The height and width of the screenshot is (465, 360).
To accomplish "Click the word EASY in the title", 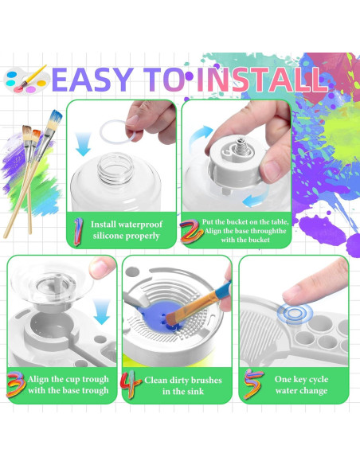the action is click(92, 80).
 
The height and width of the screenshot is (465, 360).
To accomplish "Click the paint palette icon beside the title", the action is click(25, 79).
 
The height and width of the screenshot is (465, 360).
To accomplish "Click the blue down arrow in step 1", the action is click(83, 144).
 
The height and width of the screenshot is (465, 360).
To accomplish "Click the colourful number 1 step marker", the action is click(78, 231).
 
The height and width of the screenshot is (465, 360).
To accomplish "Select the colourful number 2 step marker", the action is click(191, 231).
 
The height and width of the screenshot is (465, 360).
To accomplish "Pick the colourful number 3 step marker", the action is click(16, 385).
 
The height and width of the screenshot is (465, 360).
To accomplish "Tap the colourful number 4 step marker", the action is click(131, 385).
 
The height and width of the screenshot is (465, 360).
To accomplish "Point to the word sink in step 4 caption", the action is click(195, 392).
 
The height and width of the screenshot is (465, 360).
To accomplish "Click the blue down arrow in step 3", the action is click(101, 311).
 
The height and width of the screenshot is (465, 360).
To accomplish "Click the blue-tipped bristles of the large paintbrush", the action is click(57, 116).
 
